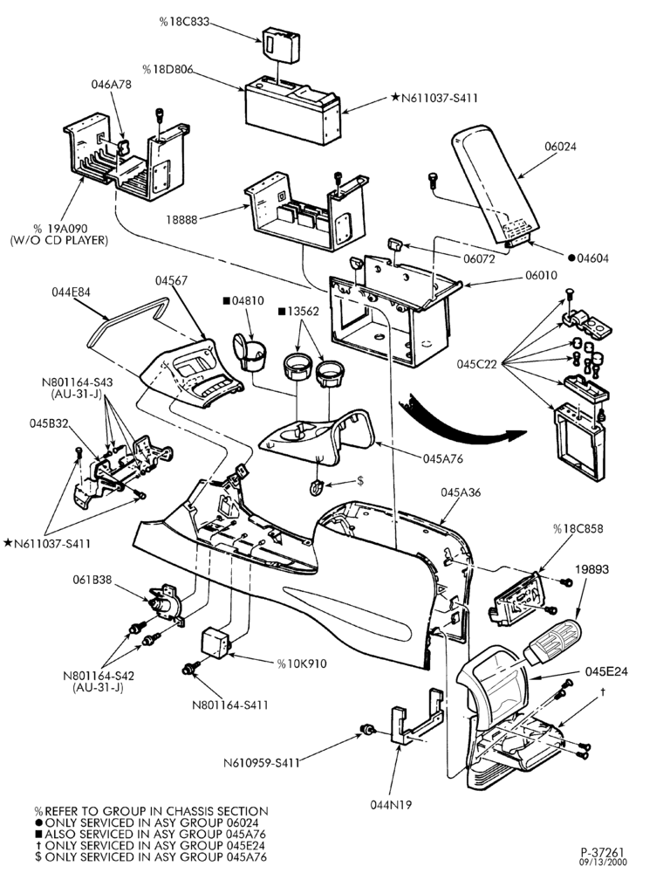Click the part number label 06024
pyautogui.click(x=560, y=147)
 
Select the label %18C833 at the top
pyautogui.click(x=184, y=23)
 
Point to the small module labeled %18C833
pyautogui.click(x=281, y=44)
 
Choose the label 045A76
pyautogui.click(x=443, y=459)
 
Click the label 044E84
pyautogui.click(x=72, y=292)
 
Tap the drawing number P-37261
pyautogui.click(x=603, y=852)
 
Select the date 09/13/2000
pyautogui.click(x=603, y=863)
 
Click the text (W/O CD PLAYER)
pyautogui.click(x=59, y=241)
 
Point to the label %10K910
pyautogui.click(x=302, y=663)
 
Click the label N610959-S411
pyautogui.click(x=262, y=763)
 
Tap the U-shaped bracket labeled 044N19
pyautogui.click(x=416, y=717)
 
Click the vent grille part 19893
pyautogui.click(x=552, y=642)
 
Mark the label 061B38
pyautogui.click(x=92, y=580)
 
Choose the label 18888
pyautogui.click(x=181, y=220)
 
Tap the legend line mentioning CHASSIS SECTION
pyautogui.click(x=152, y=811)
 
